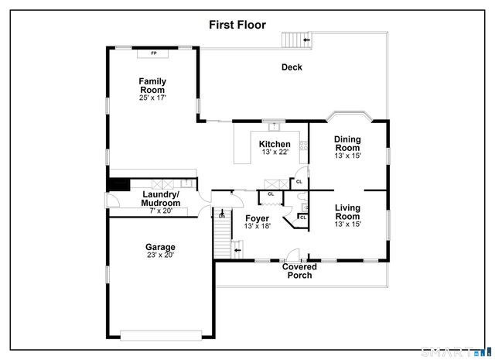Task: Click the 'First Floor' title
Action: (x=237, y=25)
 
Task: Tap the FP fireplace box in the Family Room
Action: (x=153, y=53)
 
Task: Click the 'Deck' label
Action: (x=292, y=67)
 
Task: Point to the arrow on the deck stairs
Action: (x=307, y=38)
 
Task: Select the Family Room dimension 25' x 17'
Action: (x=152, y=98)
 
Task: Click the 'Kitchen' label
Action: (x=275, y=144)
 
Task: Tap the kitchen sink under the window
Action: (x=272, y=125)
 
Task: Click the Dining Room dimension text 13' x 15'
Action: (x=347, y=156)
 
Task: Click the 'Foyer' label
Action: (x=257, y=218)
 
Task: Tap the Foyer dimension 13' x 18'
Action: (x=257, y=227)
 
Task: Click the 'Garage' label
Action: (x=160, y=248)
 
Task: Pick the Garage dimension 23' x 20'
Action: (x=160, y=255)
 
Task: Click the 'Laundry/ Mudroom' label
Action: (x=160, y=198)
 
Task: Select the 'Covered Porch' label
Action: (x=299, y=271)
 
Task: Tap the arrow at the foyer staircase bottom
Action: (x=237, y=250)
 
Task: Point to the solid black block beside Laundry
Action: (x=118, y=184)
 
